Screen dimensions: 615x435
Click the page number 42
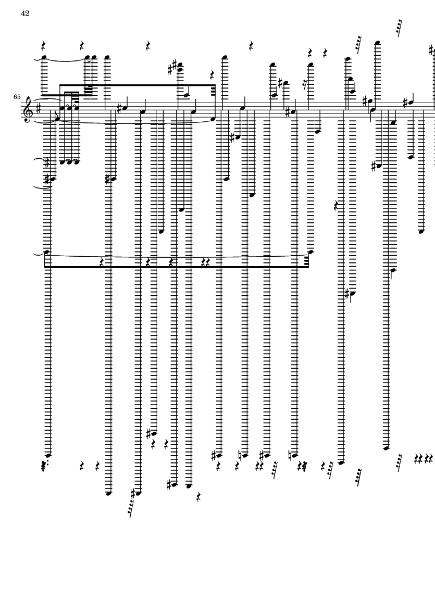(25, 14)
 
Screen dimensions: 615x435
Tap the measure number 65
(17, 97)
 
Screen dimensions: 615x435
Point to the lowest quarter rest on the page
(199, 498)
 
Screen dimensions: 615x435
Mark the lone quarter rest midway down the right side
(337, 206)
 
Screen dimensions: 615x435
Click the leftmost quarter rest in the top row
(44, 45)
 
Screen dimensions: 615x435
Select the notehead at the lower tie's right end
(312, 252)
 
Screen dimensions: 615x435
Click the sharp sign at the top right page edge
(431, 51)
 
